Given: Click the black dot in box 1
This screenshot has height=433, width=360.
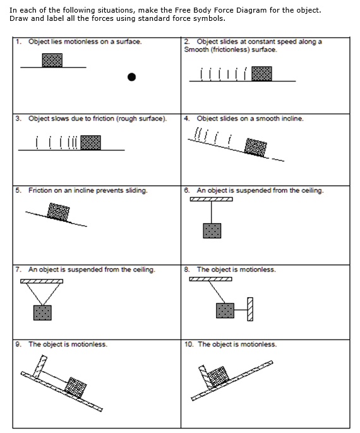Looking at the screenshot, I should pos(131,77).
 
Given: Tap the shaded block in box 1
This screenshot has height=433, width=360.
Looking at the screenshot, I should pos(52,60).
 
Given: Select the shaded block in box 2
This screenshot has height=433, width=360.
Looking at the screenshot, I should pos(261,73).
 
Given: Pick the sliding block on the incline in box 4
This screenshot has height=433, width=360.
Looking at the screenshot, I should pos(255,147).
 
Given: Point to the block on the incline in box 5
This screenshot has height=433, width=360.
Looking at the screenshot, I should pos(59,211).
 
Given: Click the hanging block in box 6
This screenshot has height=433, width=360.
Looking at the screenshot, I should pos(212,231).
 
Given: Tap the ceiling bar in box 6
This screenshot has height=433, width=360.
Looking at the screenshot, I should pos(211,200).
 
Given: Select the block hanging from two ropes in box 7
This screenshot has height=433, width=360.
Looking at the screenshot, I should pos(42,312).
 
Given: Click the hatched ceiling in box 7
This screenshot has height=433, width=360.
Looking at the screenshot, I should pos(42,279).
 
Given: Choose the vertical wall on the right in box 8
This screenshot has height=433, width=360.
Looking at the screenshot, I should pos(250,309).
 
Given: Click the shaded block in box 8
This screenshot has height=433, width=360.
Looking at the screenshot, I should pos(225,310).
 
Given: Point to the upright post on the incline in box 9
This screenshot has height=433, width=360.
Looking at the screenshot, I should pos(41,366).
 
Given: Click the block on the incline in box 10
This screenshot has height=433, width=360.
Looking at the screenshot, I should pos(218,375).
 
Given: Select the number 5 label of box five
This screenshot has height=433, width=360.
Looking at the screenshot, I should pos(18,190).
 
